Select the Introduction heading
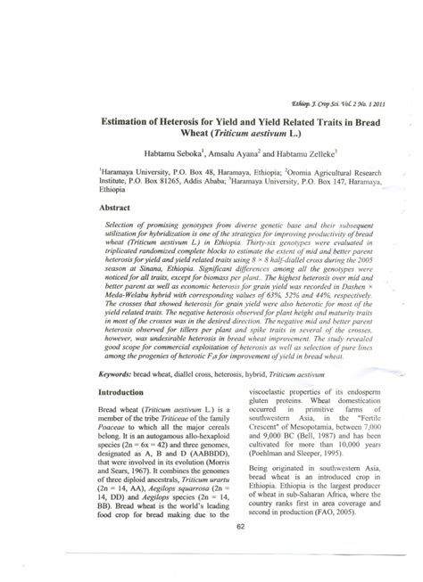tap(122, 416)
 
